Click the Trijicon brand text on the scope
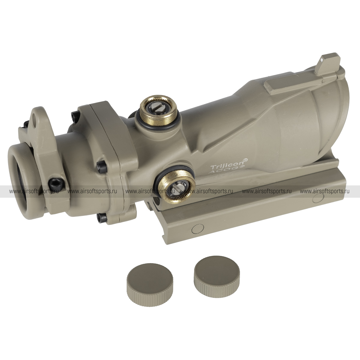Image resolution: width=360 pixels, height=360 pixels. (x=229, y=165)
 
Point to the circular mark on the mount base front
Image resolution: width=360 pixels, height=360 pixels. (x=198, y=229)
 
